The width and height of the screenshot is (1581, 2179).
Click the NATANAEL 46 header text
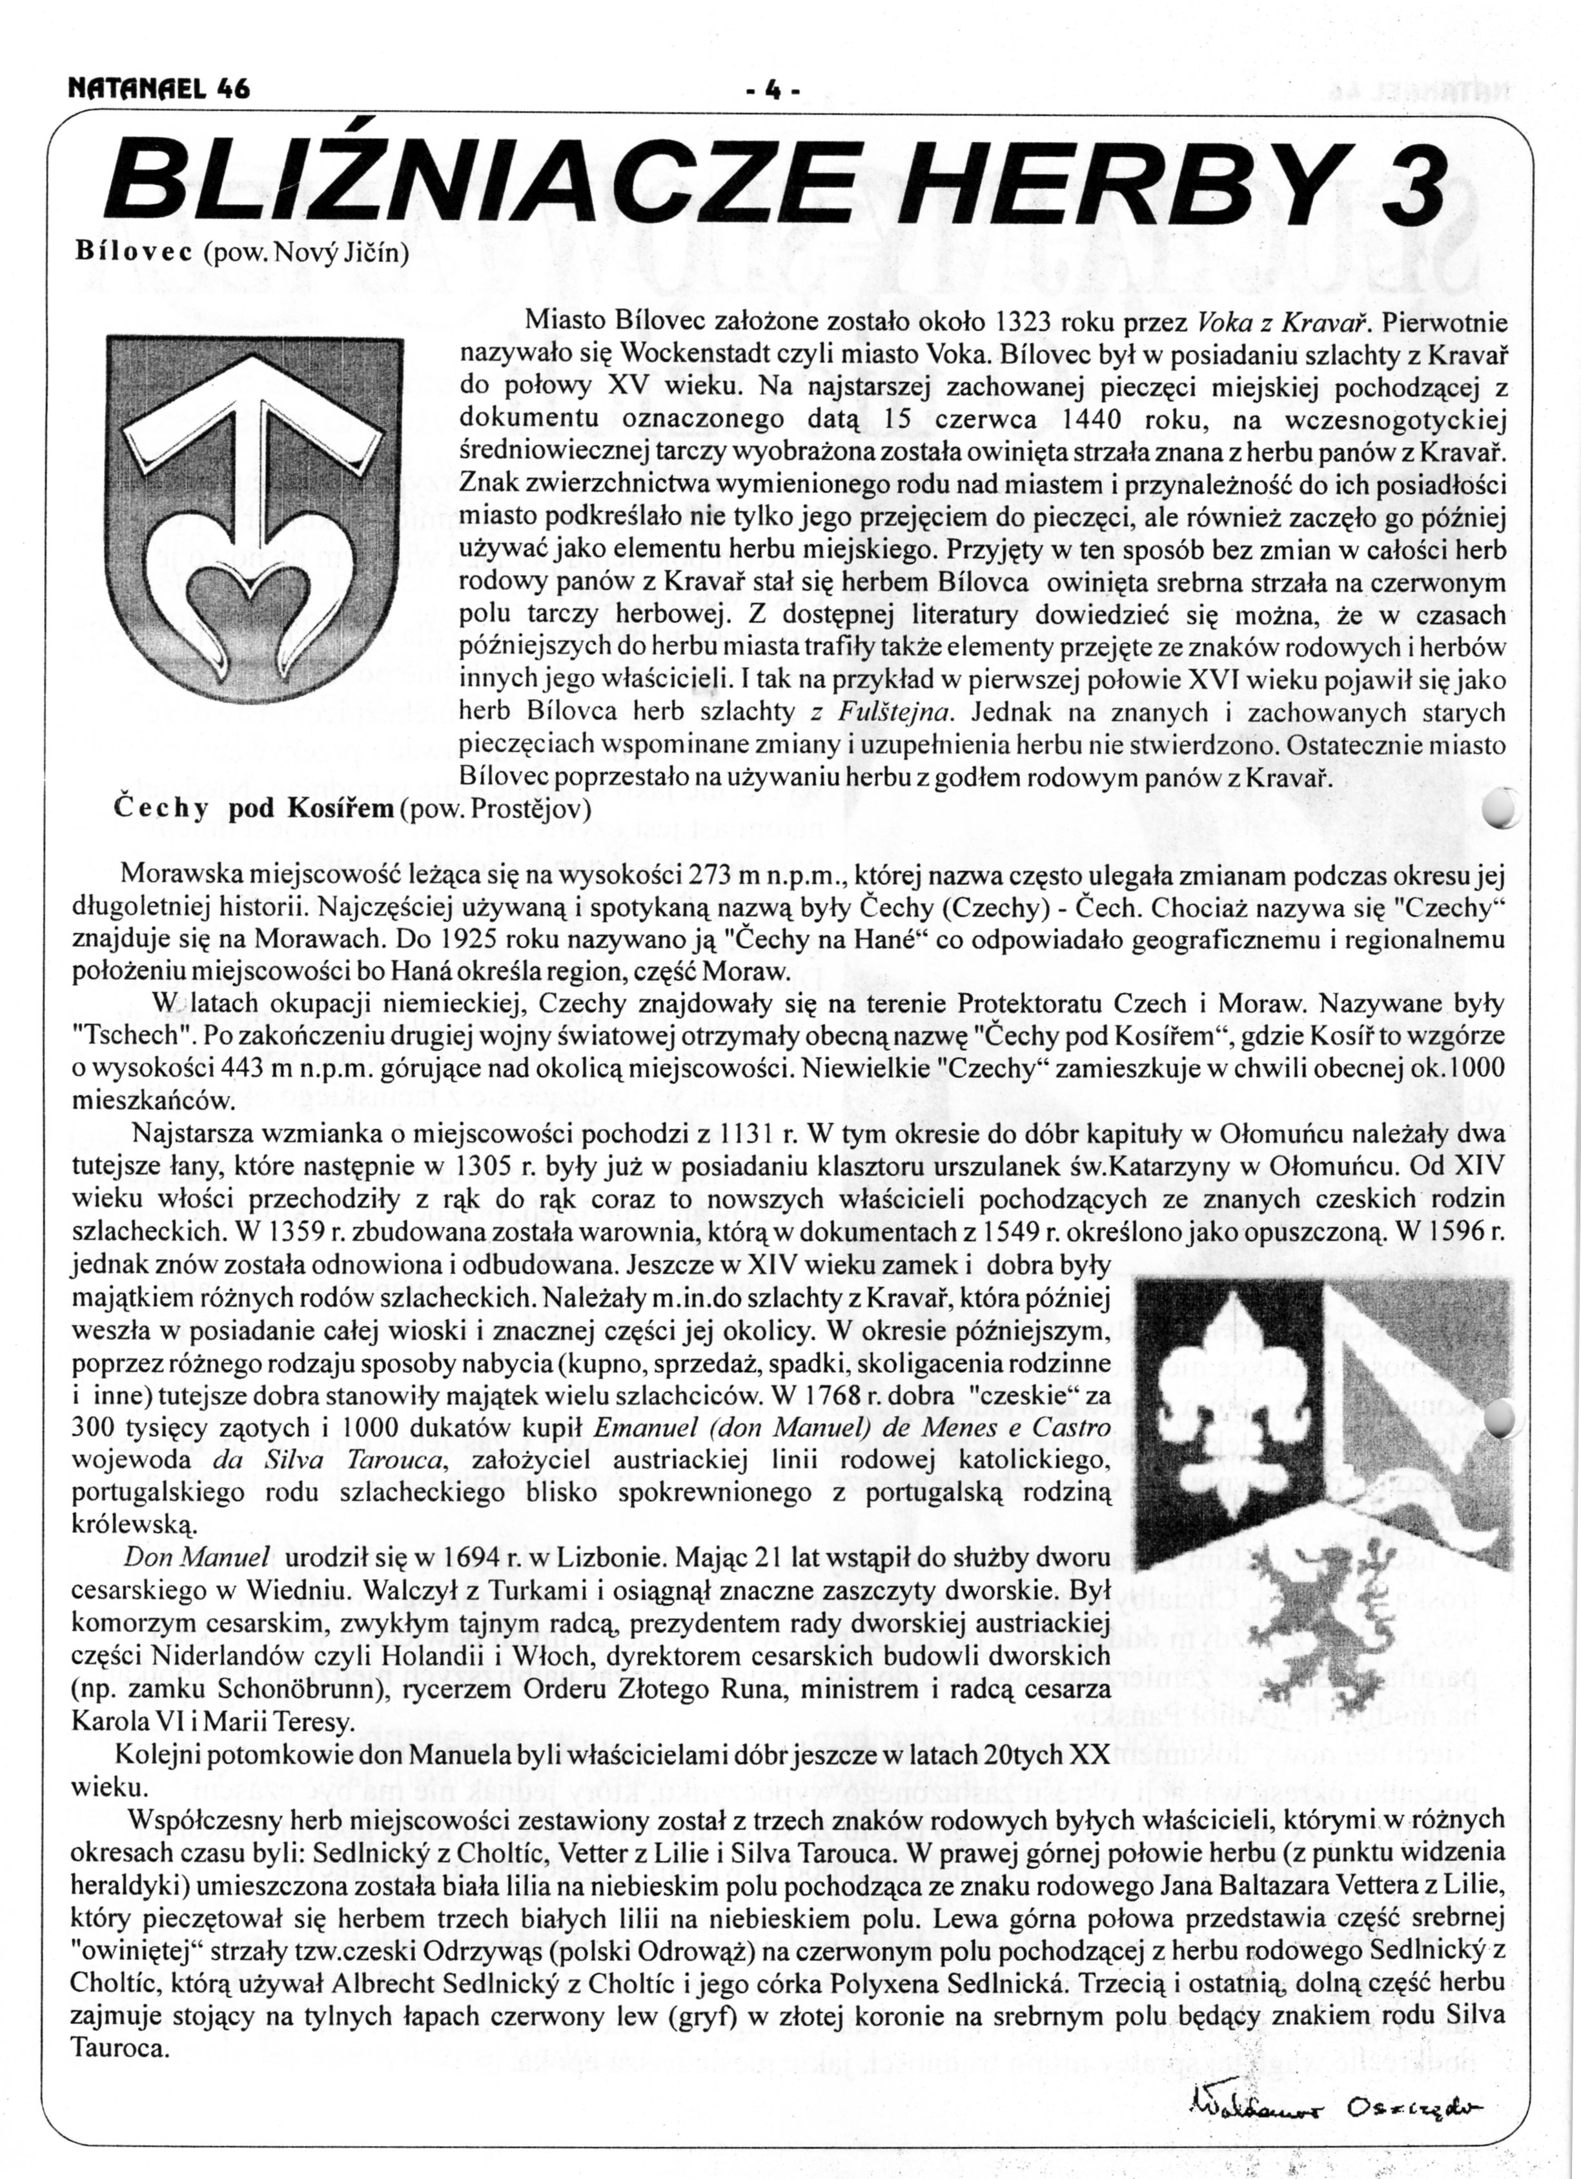point(159,88)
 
